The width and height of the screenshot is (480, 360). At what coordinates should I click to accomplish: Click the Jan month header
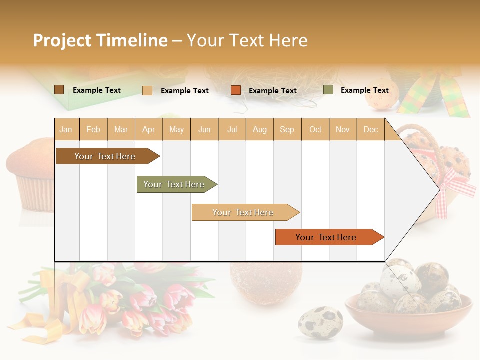tap(66, 130)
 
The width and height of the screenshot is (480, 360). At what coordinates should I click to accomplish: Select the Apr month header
tap(148, 130)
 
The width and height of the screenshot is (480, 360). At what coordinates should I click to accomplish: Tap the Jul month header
tap(232, 130)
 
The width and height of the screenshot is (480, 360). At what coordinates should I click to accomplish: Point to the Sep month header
tap(287, 130)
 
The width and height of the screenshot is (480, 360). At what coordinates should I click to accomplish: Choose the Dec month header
tap(370, 130)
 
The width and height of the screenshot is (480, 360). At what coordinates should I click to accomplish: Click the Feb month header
tap(93, 130)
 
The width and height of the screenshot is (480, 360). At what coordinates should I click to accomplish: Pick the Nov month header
tap(342, 130)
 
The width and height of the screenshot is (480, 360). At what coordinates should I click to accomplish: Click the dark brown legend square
tap(59, 90)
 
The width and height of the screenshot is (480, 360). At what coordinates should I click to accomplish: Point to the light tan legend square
tap(147, 90)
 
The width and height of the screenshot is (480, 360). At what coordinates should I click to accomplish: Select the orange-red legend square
tap(236, 90)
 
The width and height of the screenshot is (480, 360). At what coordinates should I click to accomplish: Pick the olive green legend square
tap(328, 90)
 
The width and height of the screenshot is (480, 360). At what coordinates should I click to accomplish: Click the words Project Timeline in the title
tap(100, 40)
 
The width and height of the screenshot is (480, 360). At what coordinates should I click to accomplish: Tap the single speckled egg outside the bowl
tap(320, 322)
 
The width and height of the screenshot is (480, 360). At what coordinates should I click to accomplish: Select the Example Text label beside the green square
tap(364, 90)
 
